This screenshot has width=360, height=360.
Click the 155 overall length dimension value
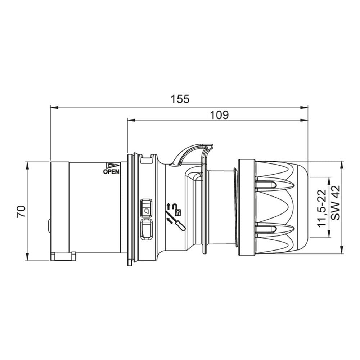pos(180,99)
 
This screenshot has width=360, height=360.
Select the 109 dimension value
pos(220,115)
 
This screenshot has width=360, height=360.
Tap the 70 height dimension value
pos(21,211)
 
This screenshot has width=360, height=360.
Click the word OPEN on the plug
pos(111,171)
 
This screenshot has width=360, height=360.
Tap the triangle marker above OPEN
pos(112,165)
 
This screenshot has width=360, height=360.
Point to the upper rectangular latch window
pos(146,207)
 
